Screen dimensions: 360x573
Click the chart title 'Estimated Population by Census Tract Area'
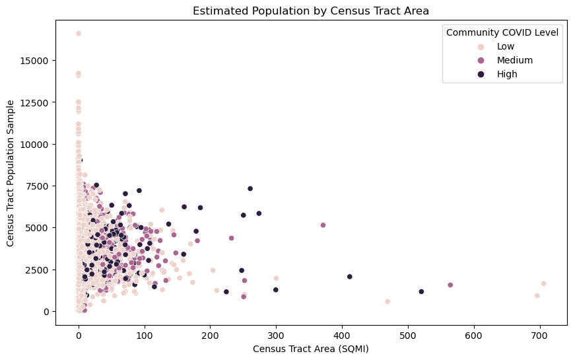click(311, 10)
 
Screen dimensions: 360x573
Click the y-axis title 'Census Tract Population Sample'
click(10, 172)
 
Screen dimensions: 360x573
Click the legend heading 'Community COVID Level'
click(502, 32)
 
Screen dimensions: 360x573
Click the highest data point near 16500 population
click(79, 33)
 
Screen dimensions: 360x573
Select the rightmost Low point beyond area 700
click(543, 283)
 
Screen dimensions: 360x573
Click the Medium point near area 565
click(450, 285)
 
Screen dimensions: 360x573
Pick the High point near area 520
click(421, 291)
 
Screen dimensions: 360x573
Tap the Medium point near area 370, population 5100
click(323, 225)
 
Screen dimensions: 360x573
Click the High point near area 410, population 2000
click(350, 277)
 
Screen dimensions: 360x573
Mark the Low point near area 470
click(388, 301)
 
